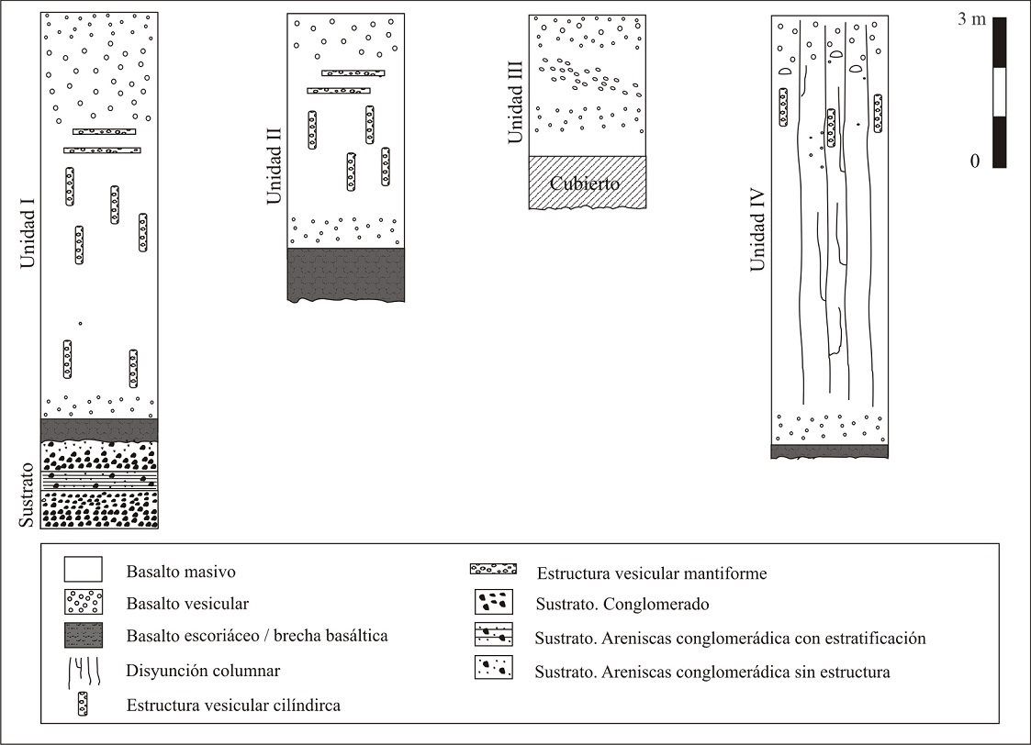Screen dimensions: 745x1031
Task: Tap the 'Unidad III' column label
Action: pos(515,100)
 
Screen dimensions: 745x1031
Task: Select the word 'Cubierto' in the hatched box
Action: pos(587,183)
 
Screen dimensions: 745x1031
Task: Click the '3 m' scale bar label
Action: pos(971,19)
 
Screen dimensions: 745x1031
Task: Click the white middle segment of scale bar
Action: pos(999,93)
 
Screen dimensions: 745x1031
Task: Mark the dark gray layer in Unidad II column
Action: pos(345,272)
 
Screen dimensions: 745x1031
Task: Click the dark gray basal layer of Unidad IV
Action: pos(829,450)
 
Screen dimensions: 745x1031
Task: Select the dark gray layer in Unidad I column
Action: pos(99,429)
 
